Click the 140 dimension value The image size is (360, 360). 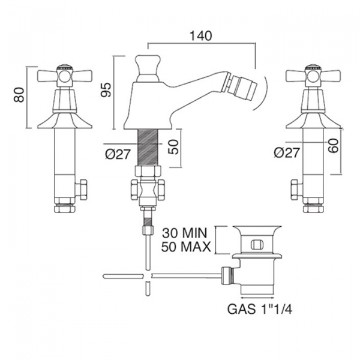[201, 36]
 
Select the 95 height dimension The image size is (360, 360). [106, 89]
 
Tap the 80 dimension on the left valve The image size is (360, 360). [19, 95]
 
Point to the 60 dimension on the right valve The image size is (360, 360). [334, 146]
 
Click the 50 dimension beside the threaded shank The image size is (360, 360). [173, 147]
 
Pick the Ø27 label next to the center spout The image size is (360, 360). [118, 154]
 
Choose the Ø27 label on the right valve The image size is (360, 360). [287, 152]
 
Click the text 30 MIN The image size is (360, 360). [185, 233]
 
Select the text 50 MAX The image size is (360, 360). [186, 247]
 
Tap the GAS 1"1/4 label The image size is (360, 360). [260, 309]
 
